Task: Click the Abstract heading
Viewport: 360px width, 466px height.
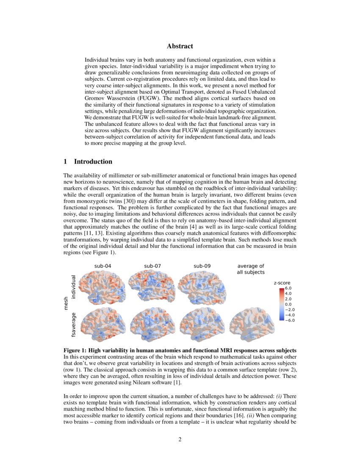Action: (180, 46)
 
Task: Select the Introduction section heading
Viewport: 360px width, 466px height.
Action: (88, 161)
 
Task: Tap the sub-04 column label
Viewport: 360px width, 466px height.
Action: (103, 266)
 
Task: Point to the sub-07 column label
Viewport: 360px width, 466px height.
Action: (152, 266)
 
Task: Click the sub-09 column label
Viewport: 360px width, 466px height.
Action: (202, 266)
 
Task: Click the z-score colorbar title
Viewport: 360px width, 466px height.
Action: (283, 283)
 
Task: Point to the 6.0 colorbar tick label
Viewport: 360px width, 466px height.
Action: (288, 288)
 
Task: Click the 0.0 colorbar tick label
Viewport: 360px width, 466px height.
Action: (288, 304)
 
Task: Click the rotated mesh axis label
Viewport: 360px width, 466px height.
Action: (66, 303)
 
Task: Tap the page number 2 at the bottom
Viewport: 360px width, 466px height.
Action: (180, 439)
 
